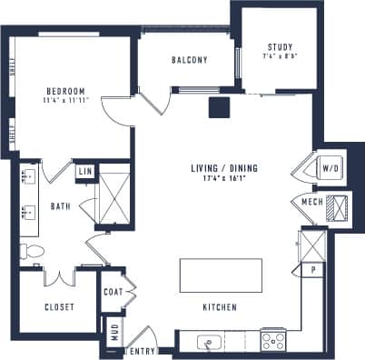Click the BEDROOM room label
[x=66, y=92]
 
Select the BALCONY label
[x=190, y=61]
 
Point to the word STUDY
[x=280, y=47]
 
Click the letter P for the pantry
[x=312, y=269]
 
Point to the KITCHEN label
[x=220, y=308]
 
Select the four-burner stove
[x=274, y=341]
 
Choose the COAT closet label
[x=113, y=292]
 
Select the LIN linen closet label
[x=84, y=172]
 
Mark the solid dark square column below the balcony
[x=218, y=107]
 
